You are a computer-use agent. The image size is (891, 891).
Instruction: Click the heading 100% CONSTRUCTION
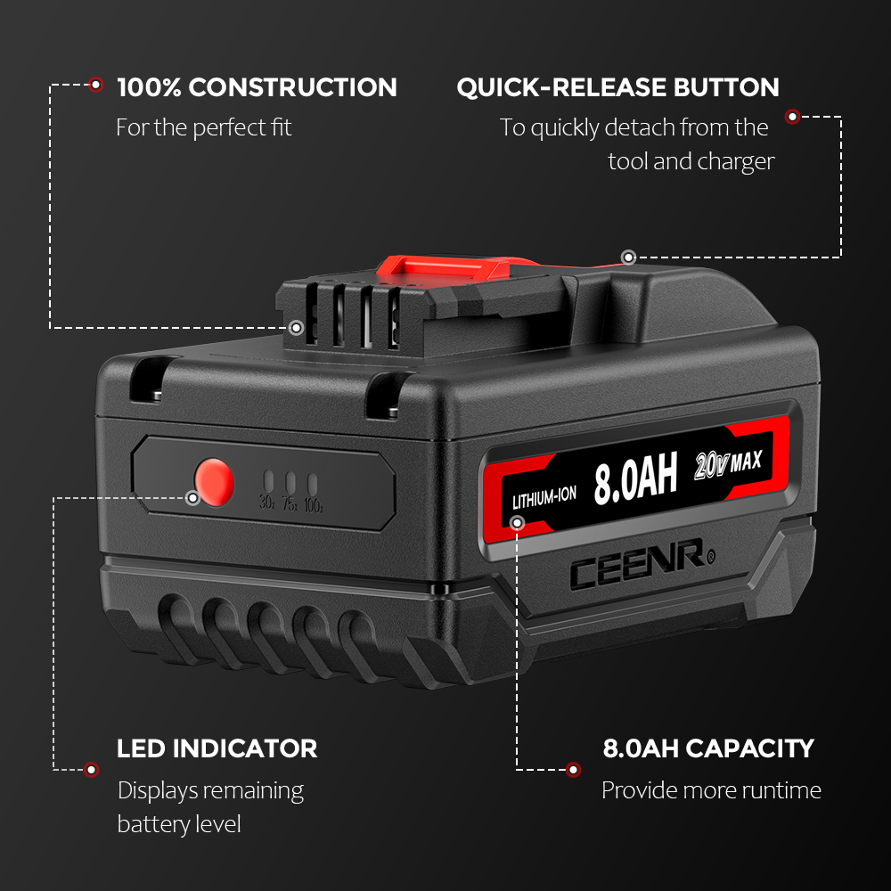257,87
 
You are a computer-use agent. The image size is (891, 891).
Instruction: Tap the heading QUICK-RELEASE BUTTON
617,87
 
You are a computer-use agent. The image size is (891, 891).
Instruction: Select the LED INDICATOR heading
217,748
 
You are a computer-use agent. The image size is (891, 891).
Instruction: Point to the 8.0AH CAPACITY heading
708,748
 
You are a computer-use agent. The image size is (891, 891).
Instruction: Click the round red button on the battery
214,482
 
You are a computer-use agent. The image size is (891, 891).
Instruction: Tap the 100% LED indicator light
312,485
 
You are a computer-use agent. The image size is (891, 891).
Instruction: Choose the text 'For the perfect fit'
203,127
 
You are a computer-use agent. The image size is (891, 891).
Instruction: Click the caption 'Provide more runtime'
711,790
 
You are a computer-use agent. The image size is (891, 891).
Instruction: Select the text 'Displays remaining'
210,790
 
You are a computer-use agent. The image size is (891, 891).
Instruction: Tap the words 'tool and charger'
691,161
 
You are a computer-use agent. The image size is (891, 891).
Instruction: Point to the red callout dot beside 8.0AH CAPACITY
574,769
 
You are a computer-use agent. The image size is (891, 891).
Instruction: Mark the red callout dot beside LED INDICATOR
90,769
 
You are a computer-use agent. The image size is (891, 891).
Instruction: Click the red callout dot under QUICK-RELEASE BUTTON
791,116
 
